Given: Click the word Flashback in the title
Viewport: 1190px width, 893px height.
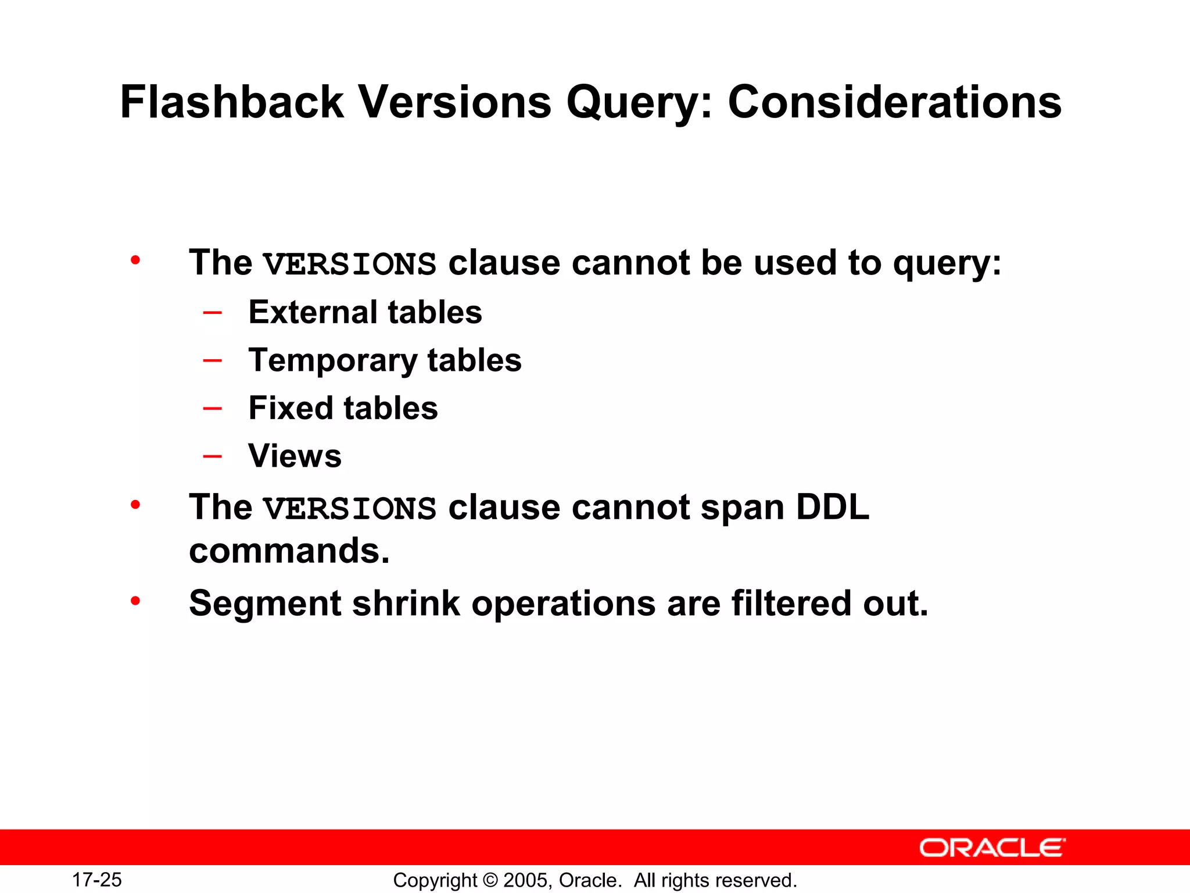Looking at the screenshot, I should point(232,102).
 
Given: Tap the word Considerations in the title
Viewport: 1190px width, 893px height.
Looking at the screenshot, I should point(894,102).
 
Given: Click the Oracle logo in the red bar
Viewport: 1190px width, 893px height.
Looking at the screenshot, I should point(992,848).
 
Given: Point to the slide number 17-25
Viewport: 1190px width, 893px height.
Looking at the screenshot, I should point(97,880).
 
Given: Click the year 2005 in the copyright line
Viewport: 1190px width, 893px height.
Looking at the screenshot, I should point(525,880).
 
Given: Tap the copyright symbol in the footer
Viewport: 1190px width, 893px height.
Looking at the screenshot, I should point(490,880).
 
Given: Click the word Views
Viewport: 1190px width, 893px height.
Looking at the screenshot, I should point(295,456).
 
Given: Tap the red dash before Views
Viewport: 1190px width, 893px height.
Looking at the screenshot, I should point(212,456).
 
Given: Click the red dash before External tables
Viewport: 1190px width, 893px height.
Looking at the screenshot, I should point(212,313).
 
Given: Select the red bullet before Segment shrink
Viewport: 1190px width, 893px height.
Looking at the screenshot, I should point(135,601).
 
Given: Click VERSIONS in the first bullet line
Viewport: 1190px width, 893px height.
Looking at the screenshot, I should point(349,264).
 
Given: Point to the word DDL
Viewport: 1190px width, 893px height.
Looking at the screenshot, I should point(832,507).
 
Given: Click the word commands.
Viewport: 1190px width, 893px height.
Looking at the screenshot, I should point(289,551).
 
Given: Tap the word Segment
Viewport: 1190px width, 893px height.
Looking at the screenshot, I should point(265,603).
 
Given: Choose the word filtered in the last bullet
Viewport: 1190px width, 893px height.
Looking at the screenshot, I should point(791,603).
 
